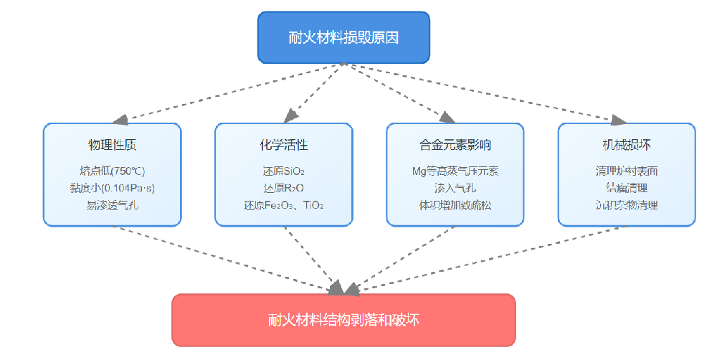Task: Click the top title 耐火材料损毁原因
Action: point(343,38)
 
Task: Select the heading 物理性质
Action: point(112,145)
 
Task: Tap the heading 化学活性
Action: point(284,145)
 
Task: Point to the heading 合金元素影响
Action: point(455,145)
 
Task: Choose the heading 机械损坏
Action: point(627,145)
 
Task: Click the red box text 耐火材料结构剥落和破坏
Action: point(343,320)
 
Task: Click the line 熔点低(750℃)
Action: point(112,171)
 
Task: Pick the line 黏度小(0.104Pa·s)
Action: point(112,188)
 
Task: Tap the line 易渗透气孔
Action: point(112,204)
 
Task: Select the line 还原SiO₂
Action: point(284,171)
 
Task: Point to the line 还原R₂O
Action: point(284,188)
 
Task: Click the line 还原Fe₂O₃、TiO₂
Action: point(284,204)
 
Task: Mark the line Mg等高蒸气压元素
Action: point(455,171)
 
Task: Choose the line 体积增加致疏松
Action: point(455,204)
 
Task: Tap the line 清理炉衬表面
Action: point(627,171)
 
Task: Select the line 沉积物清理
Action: point(627,204)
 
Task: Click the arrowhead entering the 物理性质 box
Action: point(120,118)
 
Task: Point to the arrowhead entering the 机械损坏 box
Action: point(618,119)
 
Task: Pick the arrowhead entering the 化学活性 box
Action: point(289,116)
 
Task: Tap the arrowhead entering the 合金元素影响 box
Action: point(447,117)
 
